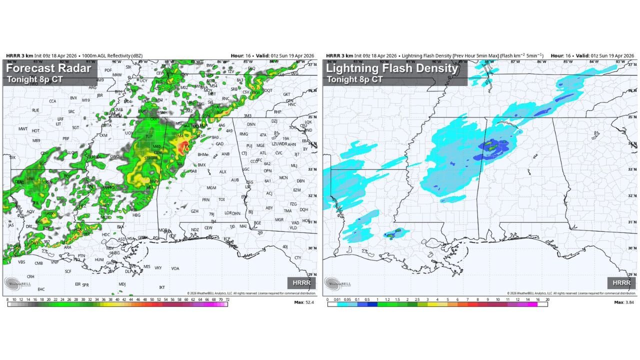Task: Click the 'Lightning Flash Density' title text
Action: point(392,68)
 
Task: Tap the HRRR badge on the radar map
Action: point(301,282)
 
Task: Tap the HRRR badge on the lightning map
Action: point(621,282)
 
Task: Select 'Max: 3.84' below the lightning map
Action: point(624,303)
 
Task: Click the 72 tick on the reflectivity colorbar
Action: point(227,299)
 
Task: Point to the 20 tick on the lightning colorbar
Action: point(547,299)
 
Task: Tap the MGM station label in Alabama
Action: point(211,188)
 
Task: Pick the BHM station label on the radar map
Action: point(202,155)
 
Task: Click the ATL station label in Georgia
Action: point(263,153)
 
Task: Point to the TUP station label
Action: point(148,136)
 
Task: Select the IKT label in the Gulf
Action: point(162,287)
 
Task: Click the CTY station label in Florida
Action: point(298,258)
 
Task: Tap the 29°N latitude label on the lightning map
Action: point(633,274)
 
